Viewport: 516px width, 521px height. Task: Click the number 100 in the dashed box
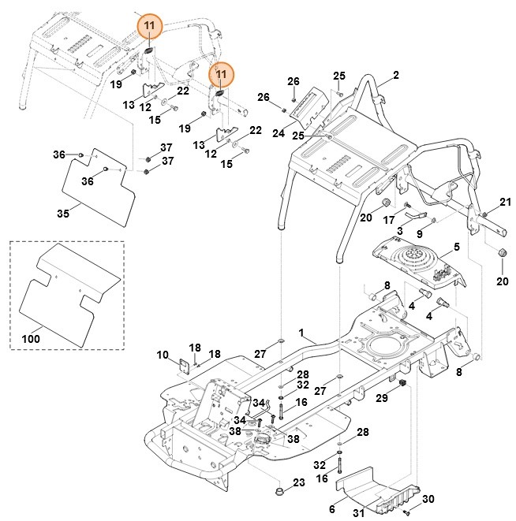click(30, 338)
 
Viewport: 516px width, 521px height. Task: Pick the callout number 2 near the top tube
click(395, 75)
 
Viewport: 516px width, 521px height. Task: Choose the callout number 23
click(298, 482)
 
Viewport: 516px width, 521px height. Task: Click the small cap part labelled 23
click(279, 493)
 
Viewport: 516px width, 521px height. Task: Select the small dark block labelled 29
click(400, 383)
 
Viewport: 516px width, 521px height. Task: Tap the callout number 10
click(163, 355)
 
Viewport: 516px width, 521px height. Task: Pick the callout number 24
click(278, 134)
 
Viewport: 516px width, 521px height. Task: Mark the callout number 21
click(505, 203)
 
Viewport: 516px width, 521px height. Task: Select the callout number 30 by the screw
click(428, 499)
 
